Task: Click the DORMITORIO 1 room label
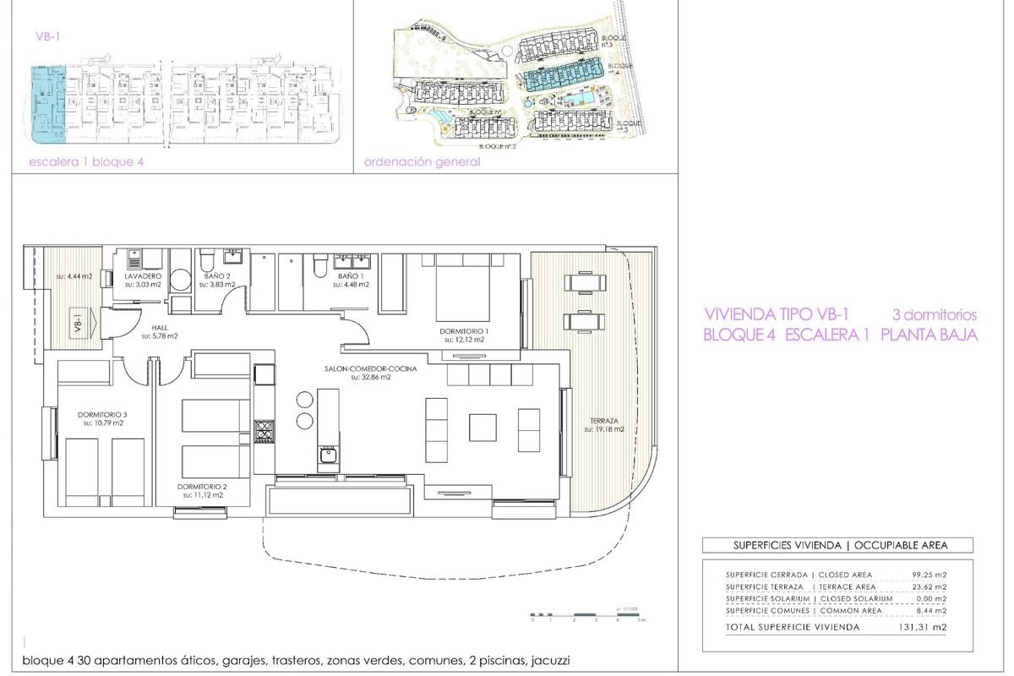pos(464,330)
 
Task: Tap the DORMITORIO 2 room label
pos(202,487)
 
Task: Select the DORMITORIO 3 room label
pos(102,414)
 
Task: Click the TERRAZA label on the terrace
pos(604,420)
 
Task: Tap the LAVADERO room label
pos(141,276)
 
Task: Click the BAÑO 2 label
pos(217,276)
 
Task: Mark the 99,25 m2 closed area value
pos(928,575)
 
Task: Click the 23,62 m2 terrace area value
pos(928,586)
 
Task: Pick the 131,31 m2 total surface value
pos(925,627)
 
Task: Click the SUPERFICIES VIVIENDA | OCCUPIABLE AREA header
pos(837,546)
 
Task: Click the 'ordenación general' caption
pos(422,162)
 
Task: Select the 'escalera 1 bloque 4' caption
pos(81,162)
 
